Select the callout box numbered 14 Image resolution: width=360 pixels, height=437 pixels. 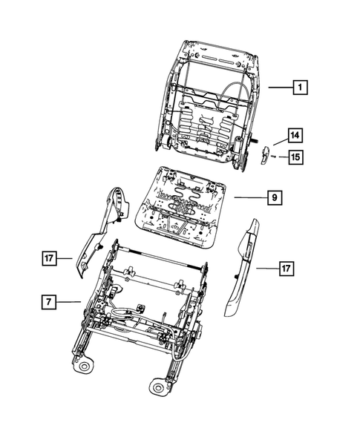[x=295, y=135]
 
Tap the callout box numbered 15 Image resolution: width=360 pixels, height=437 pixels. [x=295, y=157]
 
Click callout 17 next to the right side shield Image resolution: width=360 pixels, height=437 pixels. [x=286, y=269]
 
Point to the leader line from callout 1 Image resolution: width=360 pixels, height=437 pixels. [x=279, y=88]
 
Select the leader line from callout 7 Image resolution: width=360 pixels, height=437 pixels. [x=71, y=301]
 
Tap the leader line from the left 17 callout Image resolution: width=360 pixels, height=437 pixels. [x=68, y=258]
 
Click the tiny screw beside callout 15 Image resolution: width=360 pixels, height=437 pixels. [x=275, y=157]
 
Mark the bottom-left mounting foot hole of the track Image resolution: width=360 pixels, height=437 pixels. [x=85, y=366]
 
